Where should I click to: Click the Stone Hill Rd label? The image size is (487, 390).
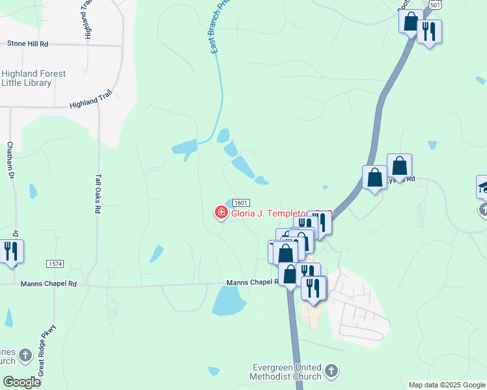coord(28,44)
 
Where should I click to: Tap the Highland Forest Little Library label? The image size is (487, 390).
coord(33,78)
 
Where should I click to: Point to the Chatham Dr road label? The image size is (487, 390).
coord(10,159)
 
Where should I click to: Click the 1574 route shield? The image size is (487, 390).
coord(55,263)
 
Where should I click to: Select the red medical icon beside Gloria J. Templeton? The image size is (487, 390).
coord(221,212)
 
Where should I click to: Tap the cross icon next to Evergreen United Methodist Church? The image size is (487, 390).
coord(331,371)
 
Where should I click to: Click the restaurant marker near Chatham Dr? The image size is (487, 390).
coord(11,251)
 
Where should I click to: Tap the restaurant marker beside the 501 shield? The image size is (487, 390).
coord(429,31)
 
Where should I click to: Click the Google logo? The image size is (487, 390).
coord(21,382)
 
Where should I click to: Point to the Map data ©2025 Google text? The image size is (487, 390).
coord(446,385)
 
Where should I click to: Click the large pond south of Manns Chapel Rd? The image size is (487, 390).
coord(229,301)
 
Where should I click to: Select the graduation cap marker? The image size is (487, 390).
coord(482,187)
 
